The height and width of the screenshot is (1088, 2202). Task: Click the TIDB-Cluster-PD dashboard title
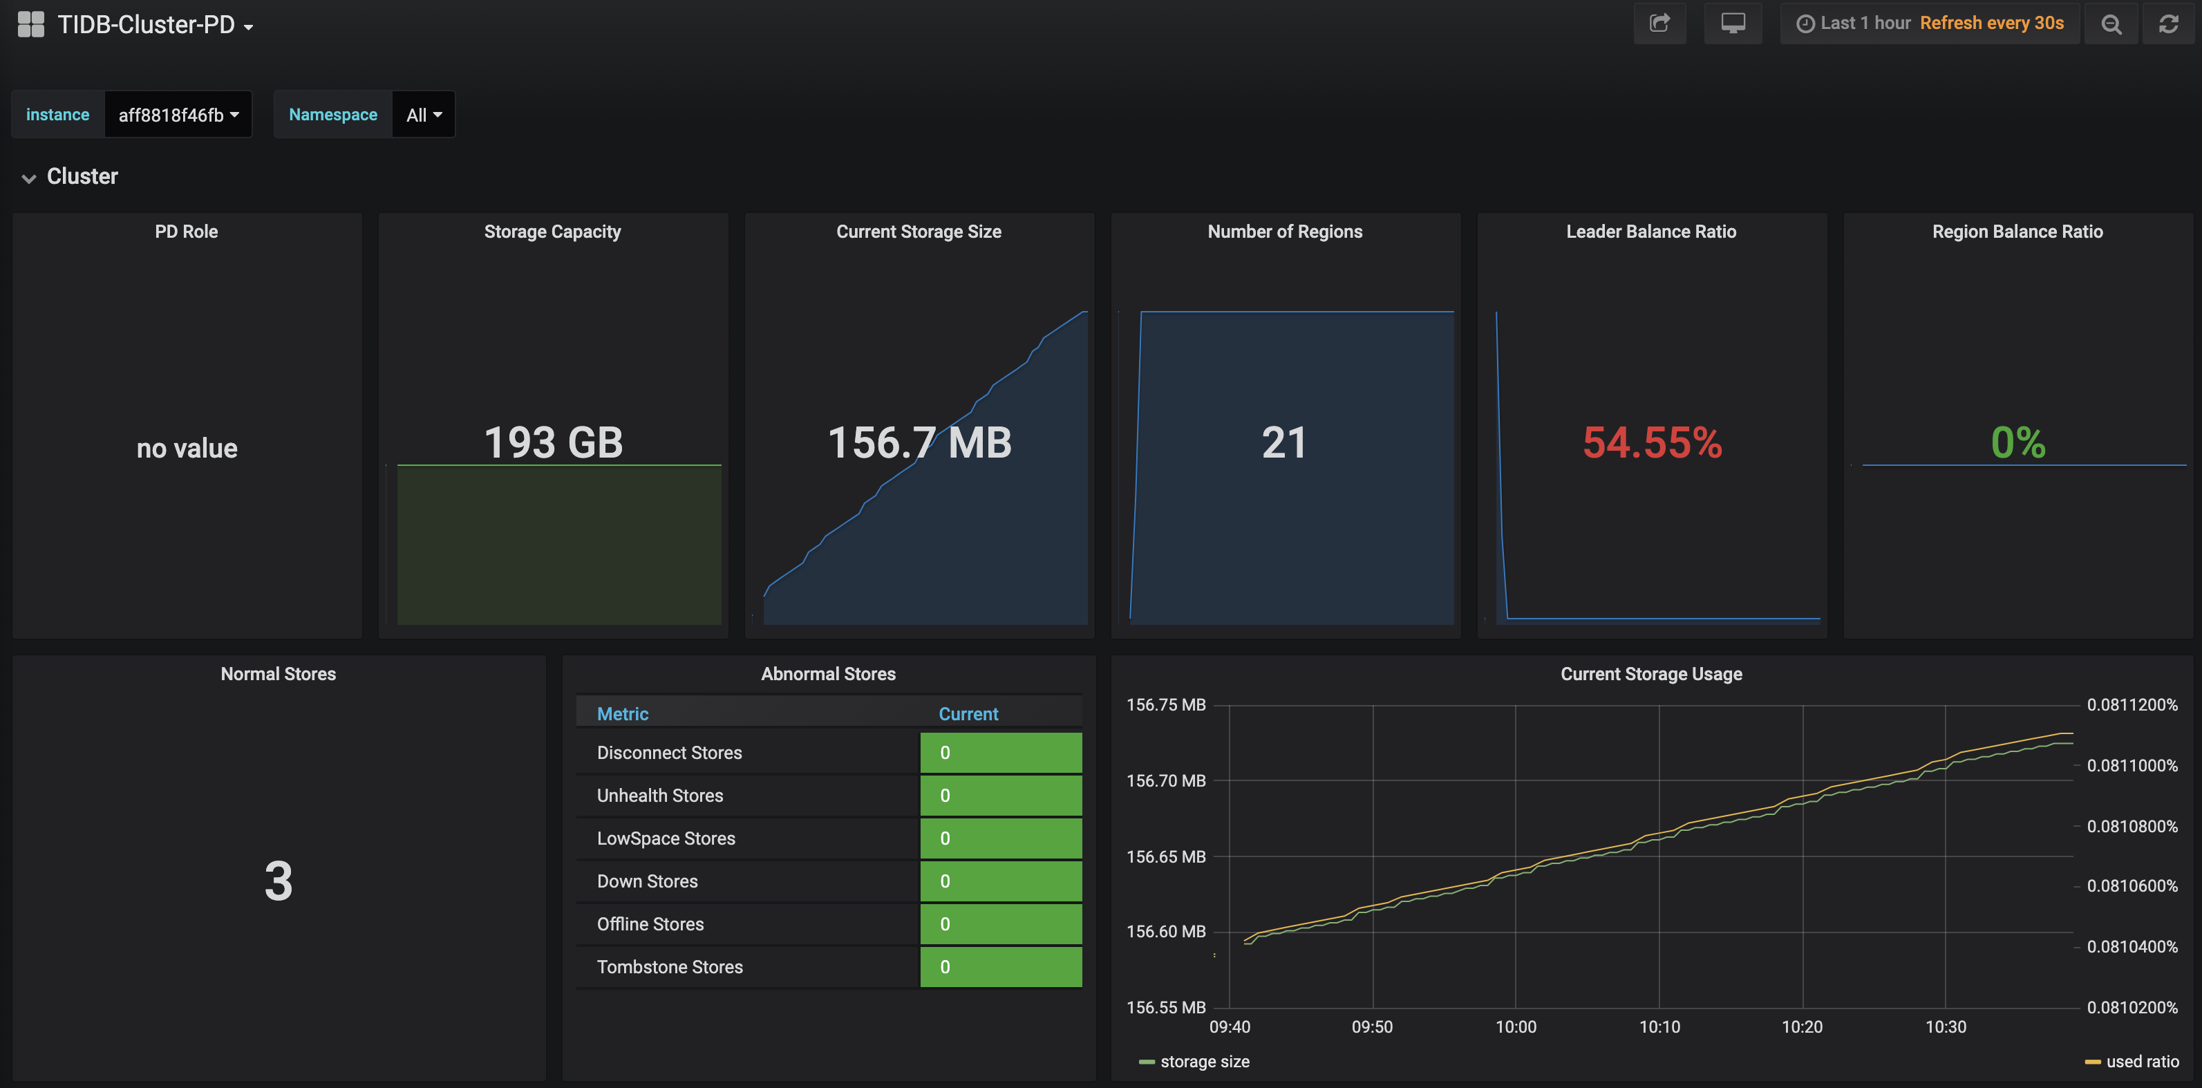pyautogui.click(x=146, y=25)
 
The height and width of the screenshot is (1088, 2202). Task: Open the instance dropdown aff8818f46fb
pyautogui.click(x=178, y=115)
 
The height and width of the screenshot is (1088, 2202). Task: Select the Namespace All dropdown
pyautogui.click(x=423, y=115)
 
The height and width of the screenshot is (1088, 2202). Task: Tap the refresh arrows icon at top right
pyautogui.click(x=2168, y=24)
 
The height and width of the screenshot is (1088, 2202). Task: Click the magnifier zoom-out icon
pyautogui.click(x=2111, y=24)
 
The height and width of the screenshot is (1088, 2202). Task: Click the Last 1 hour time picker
pyautogui.click(x=1853, y=23)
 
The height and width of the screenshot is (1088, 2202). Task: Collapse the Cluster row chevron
pyautogui.click(x=29, y=178)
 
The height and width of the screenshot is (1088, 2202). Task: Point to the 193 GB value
pyautogui.click(x=553, y=442)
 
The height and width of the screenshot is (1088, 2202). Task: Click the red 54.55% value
pyautogui.click(x=1652, y=442)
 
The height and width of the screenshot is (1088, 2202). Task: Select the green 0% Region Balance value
pyautogui.click(x=2017, y=442)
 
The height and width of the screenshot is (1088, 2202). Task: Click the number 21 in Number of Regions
pyautogui.click(x=1284, y=442)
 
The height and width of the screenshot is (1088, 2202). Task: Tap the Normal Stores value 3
pyautogui.click(x=278, y=881)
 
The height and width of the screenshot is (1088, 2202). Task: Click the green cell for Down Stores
pyautogui.click(x=1000, y=881)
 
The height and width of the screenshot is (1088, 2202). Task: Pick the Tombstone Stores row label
pyautogui.click(x=669, y=966)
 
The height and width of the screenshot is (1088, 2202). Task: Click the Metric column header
pyautogui.click(x=622, y=713)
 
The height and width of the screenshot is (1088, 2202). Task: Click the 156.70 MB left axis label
pyautogui.click(x=1165, y=780)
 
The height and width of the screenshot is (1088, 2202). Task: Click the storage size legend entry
pyautogui.click(x=1203, y=1062)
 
